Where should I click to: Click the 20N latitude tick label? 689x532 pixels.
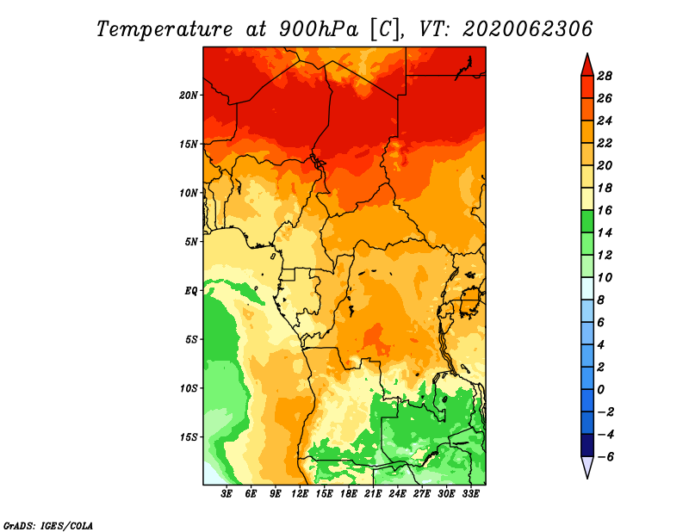(189, 95)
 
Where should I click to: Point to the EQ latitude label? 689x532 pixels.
(190, 291)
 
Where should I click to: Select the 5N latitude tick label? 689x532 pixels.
(191, 242)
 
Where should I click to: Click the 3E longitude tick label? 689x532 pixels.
(227, 494)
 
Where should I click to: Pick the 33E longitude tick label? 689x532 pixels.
(470, 494)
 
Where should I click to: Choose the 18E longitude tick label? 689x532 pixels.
(349, 494)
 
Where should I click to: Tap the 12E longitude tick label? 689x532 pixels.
(300, 494)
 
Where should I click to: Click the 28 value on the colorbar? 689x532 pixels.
(605, 76)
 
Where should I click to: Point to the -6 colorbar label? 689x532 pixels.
(605, 457)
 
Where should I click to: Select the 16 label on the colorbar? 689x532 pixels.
(605, 210)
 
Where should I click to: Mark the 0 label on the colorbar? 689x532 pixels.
(600, 390)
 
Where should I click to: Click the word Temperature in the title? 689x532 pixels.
(164, 29)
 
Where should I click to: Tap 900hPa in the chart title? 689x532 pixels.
(319, 29)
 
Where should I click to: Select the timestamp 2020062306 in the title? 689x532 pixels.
(527, 29)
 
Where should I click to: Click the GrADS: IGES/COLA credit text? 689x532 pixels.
(48, 526)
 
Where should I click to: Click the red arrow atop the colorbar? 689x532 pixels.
(587, 65)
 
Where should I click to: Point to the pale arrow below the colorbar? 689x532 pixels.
(587, 467)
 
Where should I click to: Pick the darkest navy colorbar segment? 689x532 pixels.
(587, 445)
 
